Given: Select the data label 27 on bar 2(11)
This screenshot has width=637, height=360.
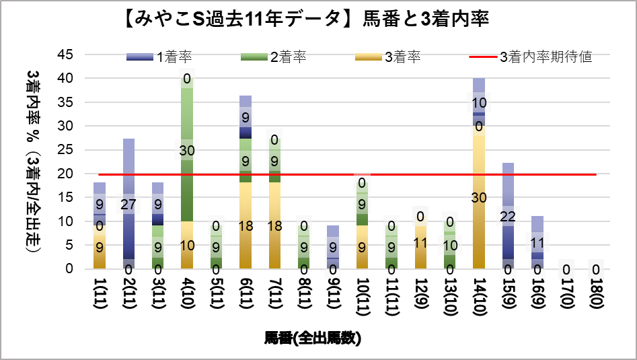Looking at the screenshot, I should click(x=128, y=204).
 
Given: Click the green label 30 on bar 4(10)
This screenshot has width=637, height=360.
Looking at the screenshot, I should click(x=187, y=149).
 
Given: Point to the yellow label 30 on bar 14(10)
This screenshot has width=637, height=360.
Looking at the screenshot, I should click(x=480, y=197).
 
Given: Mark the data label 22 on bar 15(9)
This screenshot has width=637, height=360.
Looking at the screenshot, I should click(x=509, y=216).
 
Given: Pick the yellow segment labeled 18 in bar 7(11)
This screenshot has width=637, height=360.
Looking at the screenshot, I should click(x=274, y=225).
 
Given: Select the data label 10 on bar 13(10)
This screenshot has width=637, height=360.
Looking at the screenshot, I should click(x=450, y=245).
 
